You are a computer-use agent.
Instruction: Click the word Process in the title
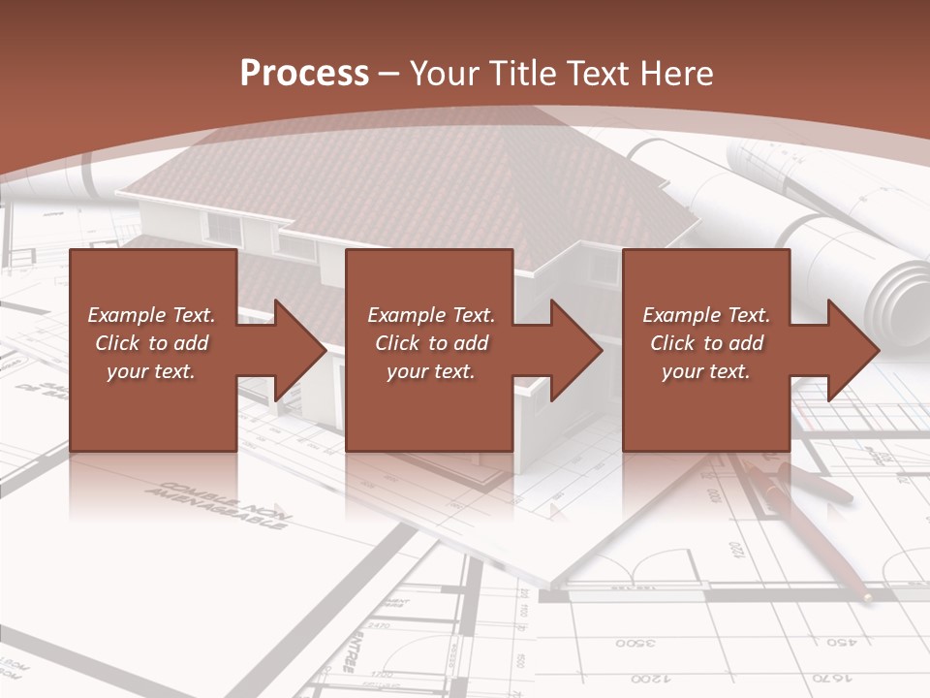point(304,74)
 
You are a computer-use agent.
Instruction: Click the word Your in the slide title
point(445,74)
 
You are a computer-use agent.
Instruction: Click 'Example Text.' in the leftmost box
point(152,315)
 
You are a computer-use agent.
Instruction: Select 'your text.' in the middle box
point(430,371)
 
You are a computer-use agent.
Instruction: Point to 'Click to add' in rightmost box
point(706,343)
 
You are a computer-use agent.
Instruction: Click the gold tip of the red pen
point(865,597)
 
